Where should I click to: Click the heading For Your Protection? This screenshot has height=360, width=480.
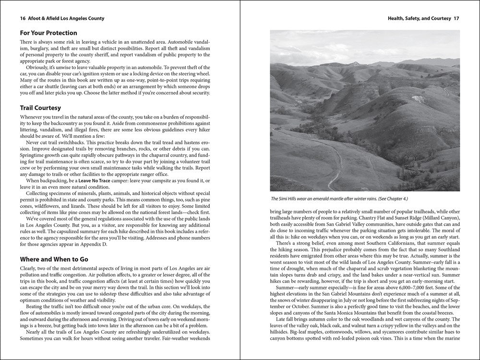coord(48,33)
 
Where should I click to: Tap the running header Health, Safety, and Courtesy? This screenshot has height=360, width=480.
coord(419,19)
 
